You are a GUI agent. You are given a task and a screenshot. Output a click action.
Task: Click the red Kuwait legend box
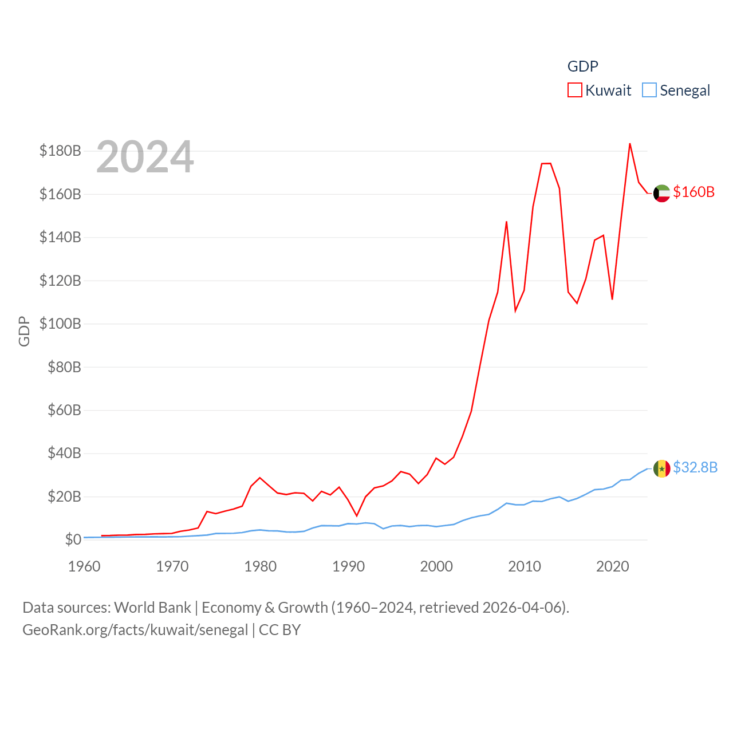click(575, 90)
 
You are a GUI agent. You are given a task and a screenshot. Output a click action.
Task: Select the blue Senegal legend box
click(649, 90)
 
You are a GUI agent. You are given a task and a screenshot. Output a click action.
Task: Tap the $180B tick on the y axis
click(60, 151)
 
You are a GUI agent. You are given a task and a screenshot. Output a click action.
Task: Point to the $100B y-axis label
click(60, 324)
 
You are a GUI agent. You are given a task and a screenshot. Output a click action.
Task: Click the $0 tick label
click(73, 539)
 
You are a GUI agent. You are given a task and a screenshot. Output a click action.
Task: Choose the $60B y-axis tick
click(64, 410)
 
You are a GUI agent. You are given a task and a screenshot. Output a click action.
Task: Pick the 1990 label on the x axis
click(348, 566)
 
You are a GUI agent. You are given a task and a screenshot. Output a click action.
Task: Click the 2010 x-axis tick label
click(525, 566)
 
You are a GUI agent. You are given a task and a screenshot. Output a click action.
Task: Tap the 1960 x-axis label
click(84, 566)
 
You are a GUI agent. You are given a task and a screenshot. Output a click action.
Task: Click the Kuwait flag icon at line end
click(661, 194)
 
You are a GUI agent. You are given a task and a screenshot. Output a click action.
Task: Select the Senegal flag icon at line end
click(661, 468)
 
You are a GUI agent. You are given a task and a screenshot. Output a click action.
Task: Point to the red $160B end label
click(693, 192)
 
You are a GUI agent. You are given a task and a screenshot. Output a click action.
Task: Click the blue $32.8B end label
click(695, 467)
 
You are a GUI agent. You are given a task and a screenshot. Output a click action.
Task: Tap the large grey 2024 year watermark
click(145, 157)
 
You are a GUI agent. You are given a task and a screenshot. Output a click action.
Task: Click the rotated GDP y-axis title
click(24, 331)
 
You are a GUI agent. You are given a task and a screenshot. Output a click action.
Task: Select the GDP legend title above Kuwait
click(582, 66)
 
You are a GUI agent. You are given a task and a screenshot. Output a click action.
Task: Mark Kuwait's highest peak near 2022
click(629, 144)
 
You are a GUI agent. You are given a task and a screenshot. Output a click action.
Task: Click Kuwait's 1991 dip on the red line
click(356, 516)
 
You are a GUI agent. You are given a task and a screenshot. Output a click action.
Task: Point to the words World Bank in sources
click(152, 607)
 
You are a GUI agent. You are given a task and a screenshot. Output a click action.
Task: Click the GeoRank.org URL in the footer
click(135, 630)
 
